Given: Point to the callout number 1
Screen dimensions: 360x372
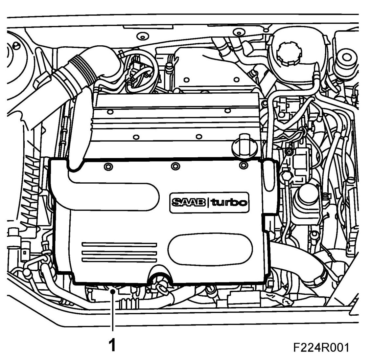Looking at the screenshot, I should coord(112,345).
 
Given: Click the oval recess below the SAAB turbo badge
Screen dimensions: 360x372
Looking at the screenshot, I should coord(210,249).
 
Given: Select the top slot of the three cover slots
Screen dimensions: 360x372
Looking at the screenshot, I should coord(119,245).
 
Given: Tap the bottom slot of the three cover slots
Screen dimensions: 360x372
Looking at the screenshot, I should coord(119,260).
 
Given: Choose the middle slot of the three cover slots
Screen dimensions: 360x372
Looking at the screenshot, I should coord(119,252).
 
